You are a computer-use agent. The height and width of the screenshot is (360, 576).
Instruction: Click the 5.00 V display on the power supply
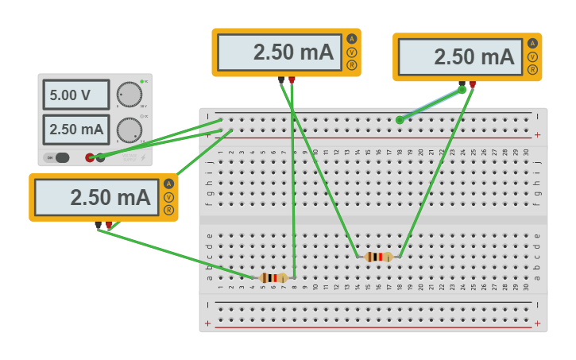tap(75, 95)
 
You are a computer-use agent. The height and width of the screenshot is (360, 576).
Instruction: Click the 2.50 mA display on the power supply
tap(75, 129)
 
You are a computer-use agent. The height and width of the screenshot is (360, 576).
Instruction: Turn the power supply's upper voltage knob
tap(129, 95)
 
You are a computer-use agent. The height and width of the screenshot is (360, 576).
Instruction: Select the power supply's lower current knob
tap(129, 130)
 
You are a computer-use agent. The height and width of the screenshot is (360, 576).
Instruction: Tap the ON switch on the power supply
tap(58, 157)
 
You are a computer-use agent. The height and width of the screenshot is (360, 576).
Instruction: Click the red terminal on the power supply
tap(90, 157)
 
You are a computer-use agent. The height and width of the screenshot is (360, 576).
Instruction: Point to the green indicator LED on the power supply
tap(142, 82)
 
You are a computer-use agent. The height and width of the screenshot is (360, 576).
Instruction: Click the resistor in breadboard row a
tap(273, 277)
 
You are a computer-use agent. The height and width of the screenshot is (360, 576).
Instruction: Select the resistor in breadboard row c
tap(378, 256)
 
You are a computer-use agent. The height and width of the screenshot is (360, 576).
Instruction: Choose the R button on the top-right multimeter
tap(532, 70)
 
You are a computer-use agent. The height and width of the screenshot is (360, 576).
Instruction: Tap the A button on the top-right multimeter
tap(532, 44)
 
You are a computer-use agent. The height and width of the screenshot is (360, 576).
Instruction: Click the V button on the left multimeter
tap(168, 196)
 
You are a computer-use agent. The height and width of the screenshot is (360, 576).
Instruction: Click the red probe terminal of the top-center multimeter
tap(292, 79)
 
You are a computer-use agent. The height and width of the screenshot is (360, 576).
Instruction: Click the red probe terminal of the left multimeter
tap(109, 225)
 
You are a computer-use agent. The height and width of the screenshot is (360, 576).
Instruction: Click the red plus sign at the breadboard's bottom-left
tap(208, 323)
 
